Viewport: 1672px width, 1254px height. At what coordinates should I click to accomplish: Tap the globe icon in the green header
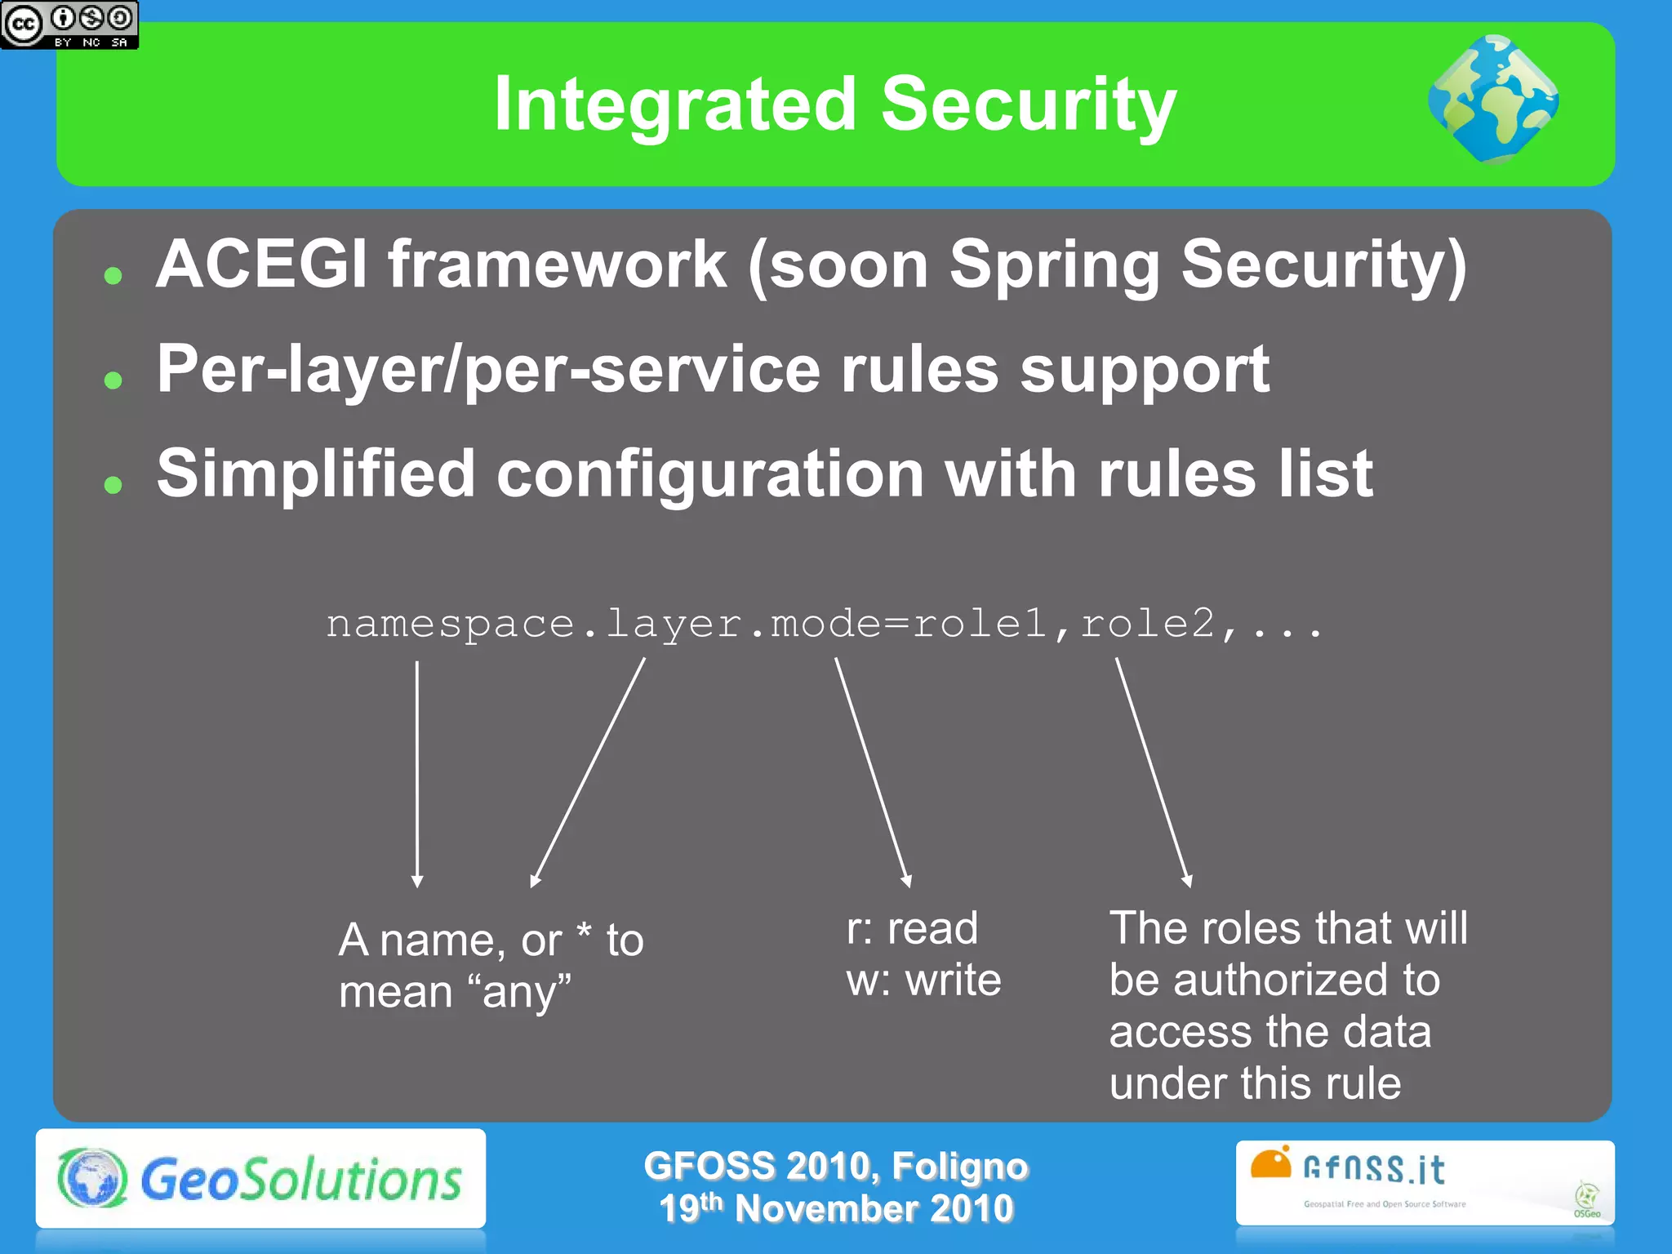coord(1493,100)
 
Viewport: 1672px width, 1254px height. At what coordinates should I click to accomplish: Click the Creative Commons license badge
coord(69,24)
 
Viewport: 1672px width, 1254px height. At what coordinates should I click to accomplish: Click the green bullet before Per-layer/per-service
coord(113,380)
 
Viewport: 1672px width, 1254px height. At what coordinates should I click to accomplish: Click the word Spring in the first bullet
coord(1054,266)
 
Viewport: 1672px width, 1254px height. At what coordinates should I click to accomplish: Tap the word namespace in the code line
coord(450,625)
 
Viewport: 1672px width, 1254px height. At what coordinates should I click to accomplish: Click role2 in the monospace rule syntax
coord(1148,624)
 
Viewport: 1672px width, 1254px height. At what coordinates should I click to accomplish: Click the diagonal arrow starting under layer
coord(588,772)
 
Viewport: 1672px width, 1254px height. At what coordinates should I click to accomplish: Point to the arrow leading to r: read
coord(873,772)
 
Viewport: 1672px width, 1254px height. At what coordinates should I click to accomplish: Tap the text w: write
coord(923,980)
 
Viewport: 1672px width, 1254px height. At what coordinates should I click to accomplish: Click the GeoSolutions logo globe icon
coord(92,1178)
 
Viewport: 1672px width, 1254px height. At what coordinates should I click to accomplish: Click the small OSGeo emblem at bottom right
coord(1586,1199)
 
